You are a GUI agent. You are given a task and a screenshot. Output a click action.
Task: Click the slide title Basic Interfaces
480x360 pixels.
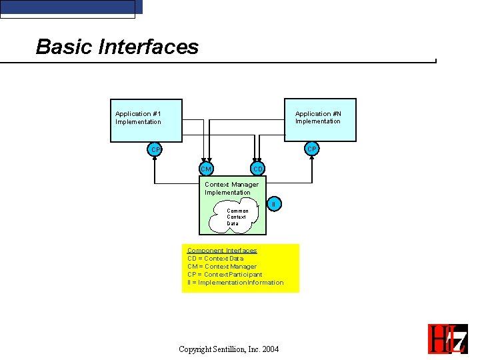[x=117, y=47]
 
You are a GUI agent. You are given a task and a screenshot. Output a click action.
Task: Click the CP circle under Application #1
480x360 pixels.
[x=155, y=149]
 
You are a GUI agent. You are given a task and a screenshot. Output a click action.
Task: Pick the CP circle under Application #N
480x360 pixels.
[x=311, y=149]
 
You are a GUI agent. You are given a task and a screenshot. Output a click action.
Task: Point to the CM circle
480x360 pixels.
[x=207, y=169]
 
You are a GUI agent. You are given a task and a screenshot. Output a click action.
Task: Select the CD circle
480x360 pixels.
[x=258, y=169]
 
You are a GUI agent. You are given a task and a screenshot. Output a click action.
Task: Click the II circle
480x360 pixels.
[x=273, y=203]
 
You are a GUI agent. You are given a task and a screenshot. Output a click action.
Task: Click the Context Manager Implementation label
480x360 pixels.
[x=231, y=188]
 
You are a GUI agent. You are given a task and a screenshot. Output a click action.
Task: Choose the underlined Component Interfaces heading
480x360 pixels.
[x=222, y=251]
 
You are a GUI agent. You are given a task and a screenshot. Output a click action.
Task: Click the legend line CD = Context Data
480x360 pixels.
[x=215, y=259]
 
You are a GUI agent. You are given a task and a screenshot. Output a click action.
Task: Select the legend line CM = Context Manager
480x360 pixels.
[x=222, y=267]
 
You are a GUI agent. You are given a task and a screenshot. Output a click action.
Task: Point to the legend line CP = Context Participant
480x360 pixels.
[x=225, y=275]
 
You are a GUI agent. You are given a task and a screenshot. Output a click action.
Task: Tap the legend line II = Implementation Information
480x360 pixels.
[x=235, y=283]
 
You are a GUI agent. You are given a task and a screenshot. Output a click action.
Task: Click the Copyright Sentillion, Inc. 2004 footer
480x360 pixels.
[x=229, y=349]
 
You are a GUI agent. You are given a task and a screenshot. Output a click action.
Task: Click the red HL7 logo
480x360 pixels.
[x=447, y=339]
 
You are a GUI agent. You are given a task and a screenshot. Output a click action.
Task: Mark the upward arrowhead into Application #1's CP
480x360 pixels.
[x=155, y=159]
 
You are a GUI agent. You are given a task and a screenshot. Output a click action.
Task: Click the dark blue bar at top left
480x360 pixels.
[x=71, y=7]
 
